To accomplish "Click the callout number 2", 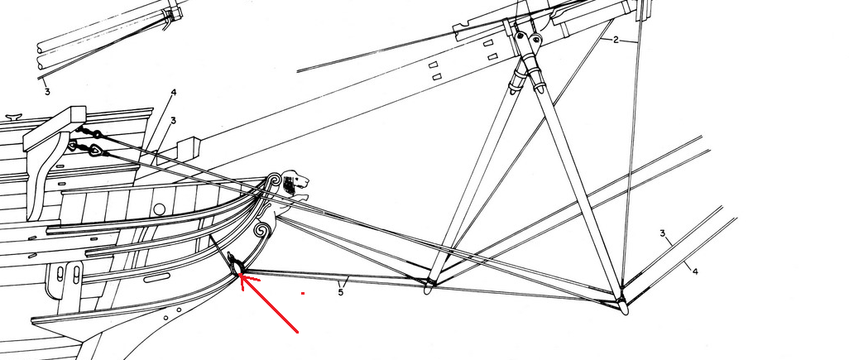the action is click(616, 40).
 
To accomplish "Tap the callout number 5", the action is click(341, 292).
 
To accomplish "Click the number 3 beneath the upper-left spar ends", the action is click(47, 92).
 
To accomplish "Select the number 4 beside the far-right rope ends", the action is click(695, 271).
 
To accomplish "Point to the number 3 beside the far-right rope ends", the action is click(662, 233).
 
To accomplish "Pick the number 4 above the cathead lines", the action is click(173, 94).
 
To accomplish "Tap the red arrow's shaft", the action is click(269, 304).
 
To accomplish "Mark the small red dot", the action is click(303, 294).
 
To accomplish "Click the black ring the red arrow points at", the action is click(237, 266).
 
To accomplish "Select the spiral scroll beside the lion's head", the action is click(273, 180).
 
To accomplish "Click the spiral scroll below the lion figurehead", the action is click(261, 231).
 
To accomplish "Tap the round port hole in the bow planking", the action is click(159, 209).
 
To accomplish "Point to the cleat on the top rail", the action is click(13, 117).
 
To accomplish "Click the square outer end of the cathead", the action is click(78, 114).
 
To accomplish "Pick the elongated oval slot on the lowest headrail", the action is click(157, 278).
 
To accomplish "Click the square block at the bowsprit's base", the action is click(189, 146).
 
